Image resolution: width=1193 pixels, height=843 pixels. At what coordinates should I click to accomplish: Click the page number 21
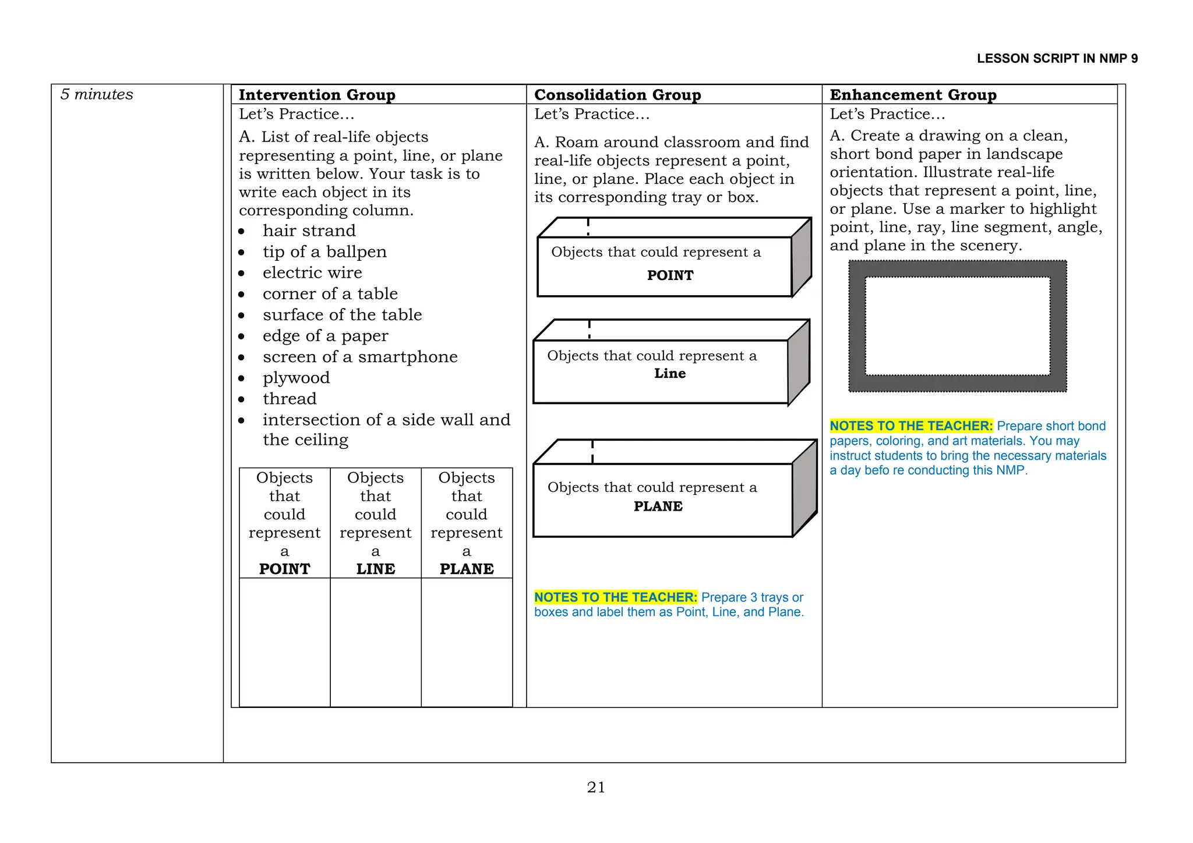(x=596, y=788)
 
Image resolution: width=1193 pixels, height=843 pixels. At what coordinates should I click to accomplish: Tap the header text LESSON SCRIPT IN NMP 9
(x=1057, y=58)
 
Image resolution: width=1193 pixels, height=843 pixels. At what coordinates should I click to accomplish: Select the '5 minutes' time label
(x=97, y=94)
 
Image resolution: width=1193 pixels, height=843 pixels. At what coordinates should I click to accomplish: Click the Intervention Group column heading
(x=317, y=94)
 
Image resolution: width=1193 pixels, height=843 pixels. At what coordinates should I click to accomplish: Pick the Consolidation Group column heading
(x=617, y=94)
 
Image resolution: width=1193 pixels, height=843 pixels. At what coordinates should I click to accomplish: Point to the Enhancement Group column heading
(x=913, y=94)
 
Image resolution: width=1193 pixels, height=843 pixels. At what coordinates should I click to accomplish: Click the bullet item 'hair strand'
(x=309, y=231)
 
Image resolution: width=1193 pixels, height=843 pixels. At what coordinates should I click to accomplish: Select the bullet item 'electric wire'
(x=312, y=272)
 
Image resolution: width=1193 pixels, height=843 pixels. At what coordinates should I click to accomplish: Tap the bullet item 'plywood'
(x=296, y=378)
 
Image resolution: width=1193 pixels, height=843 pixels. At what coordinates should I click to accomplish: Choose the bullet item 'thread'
(x=290, y=399)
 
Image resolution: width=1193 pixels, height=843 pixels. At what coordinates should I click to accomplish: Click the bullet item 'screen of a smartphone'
(x=360, y=357)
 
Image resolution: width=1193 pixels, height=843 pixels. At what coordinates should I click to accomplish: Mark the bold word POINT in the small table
(x=284, y=569)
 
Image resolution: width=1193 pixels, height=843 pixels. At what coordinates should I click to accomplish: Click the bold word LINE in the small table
(x=376, y=569)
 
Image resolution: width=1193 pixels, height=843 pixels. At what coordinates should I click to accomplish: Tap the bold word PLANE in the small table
(x=467, y=569)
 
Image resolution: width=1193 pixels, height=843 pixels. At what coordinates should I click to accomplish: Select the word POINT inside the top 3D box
(x=670, y=275)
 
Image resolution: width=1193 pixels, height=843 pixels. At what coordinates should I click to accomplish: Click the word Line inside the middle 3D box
(x=670, y=374)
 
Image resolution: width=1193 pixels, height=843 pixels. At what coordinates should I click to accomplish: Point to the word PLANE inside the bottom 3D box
(x=658, y=506)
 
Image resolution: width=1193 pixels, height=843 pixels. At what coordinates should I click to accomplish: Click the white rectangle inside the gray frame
(x=957, y=326)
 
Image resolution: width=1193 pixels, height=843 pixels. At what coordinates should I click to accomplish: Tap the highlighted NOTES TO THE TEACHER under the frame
(x=910, y=426)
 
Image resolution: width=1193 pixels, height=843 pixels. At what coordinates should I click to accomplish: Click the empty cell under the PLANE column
(x=467, y=642)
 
